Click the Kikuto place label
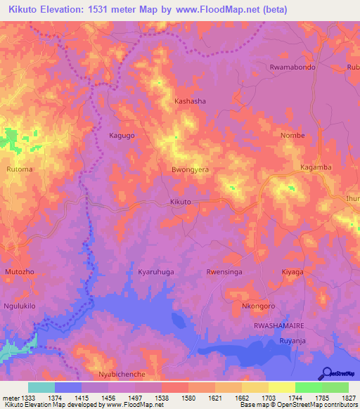coord(181,202)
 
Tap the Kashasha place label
coord(190,101)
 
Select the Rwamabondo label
coord(292,67)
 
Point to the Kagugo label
coord(121,135)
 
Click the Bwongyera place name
coord(191,170)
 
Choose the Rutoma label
coord(19,169)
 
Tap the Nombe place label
coord(292,135)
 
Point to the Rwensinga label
coord(224,271)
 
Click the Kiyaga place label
coord(292,271)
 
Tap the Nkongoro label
coord(257,306)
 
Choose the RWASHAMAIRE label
coord(277,327)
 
